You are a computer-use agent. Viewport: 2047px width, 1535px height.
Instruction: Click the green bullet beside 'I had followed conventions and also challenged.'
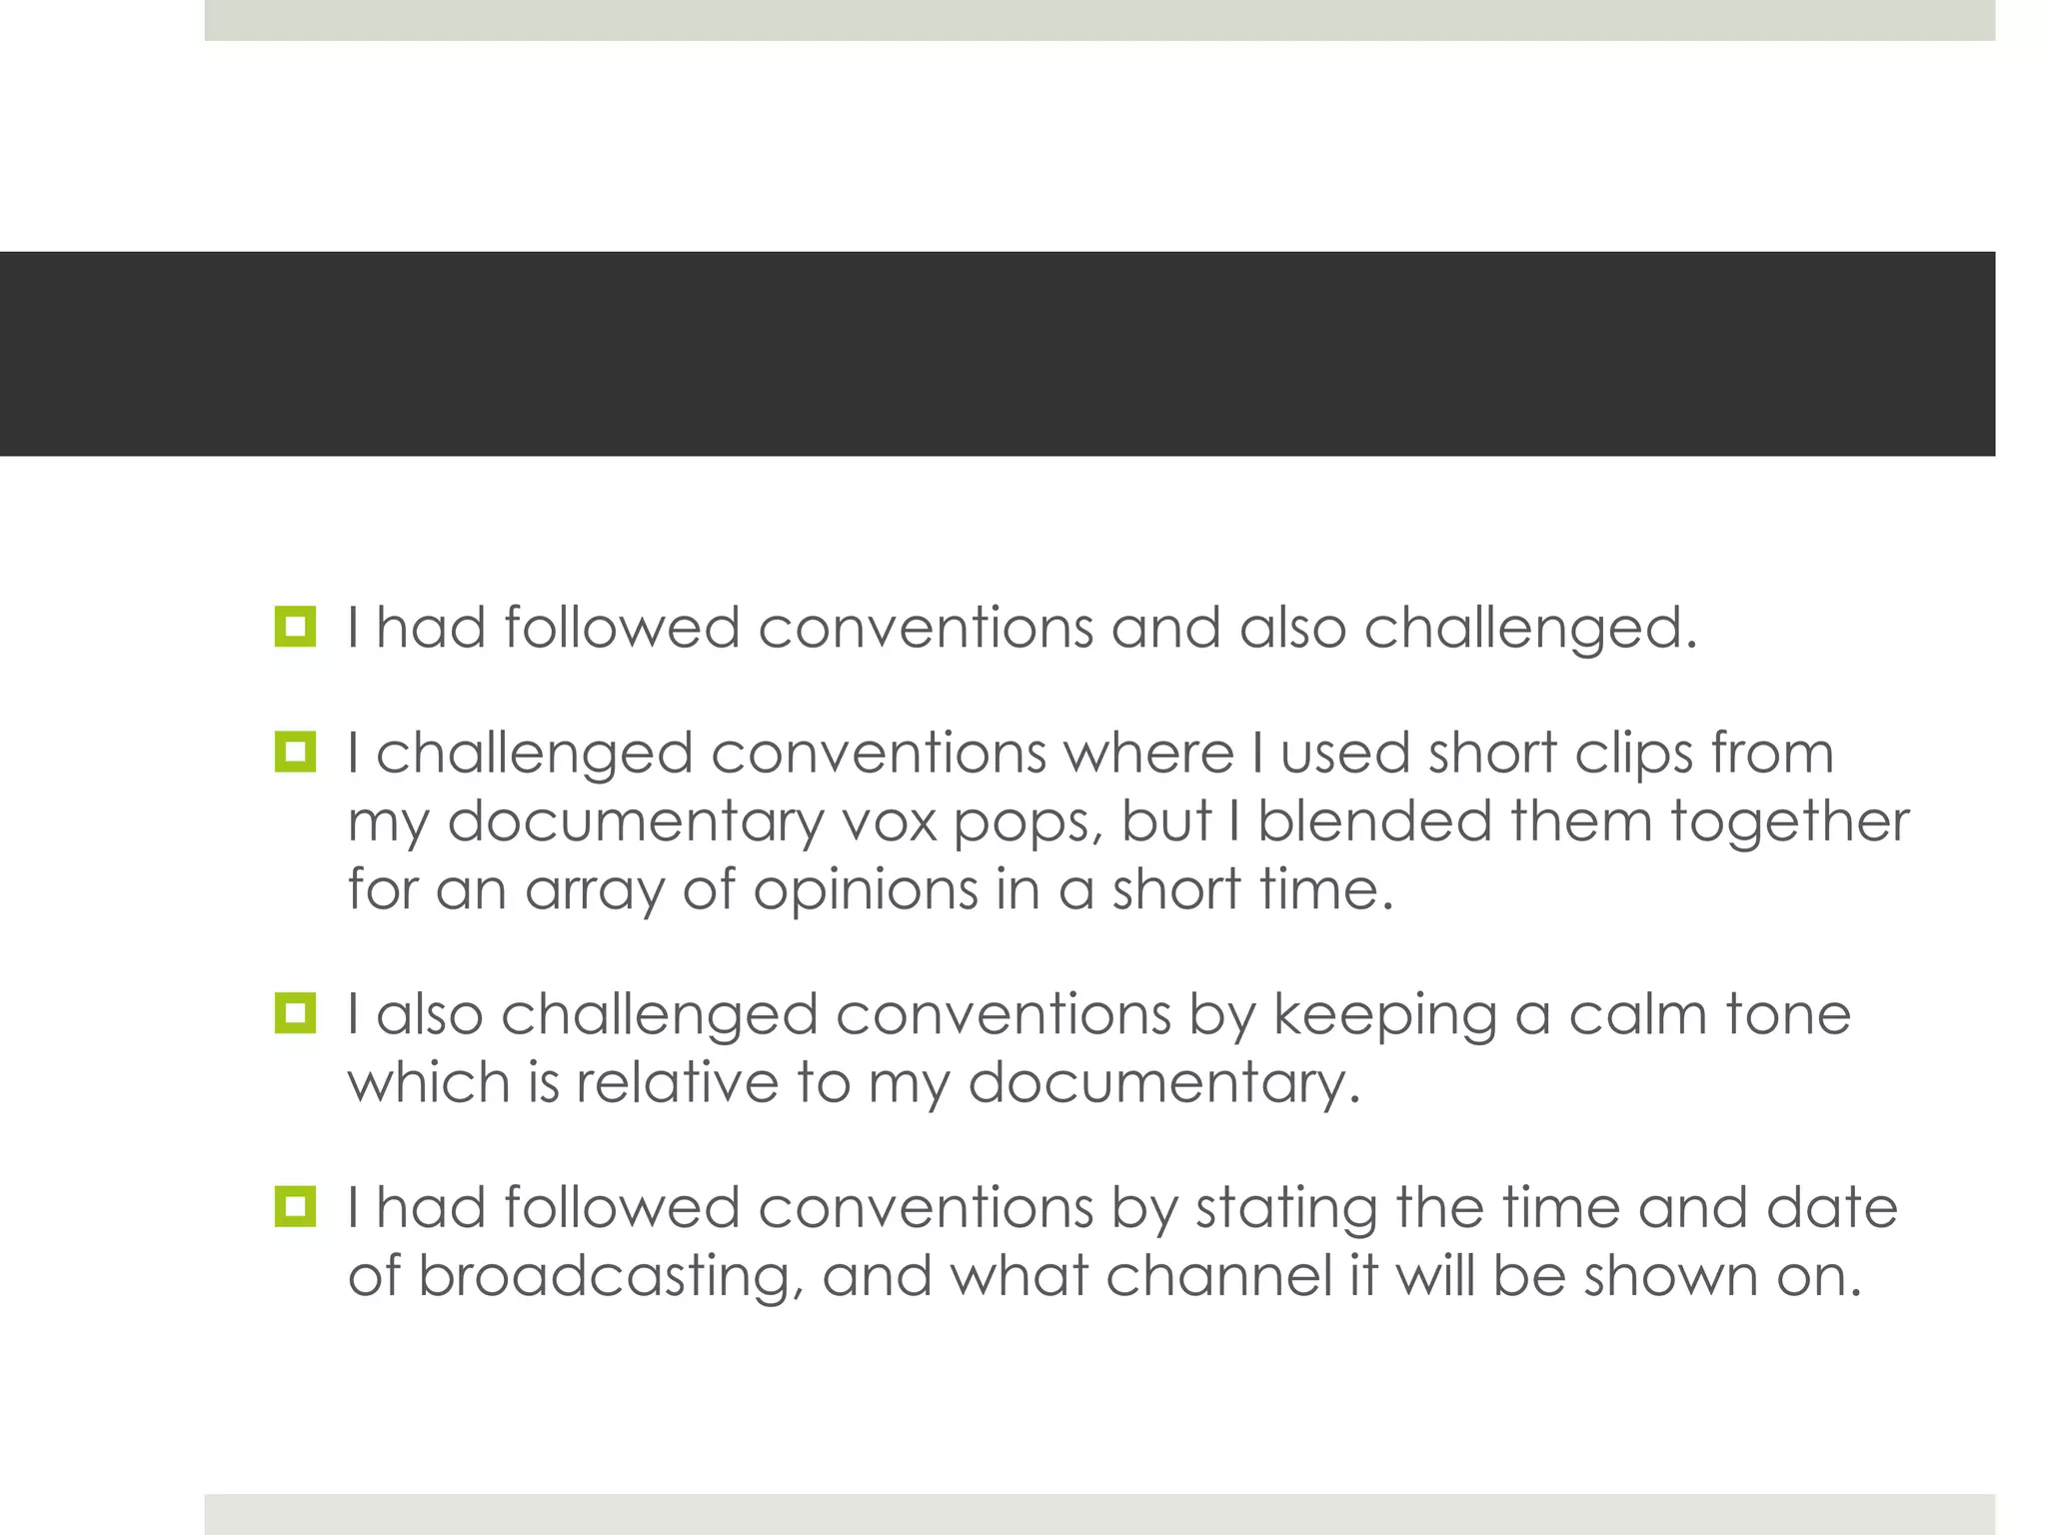[295, 627]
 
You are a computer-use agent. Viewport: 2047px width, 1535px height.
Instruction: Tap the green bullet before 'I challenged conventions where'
[295, 752]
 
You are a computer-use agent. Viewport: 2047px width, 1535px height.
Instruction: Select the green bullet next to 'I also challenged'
[295, 1013]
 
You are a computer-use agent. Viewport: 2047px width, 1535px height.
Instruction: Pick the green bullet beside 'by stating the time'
[295, 1207]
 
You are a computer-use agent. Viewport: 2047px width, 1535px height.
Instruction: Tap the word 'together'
[1788, 822]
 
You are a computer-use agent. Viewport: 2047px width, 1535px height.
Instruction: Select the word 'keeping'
[1384, 1015]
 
